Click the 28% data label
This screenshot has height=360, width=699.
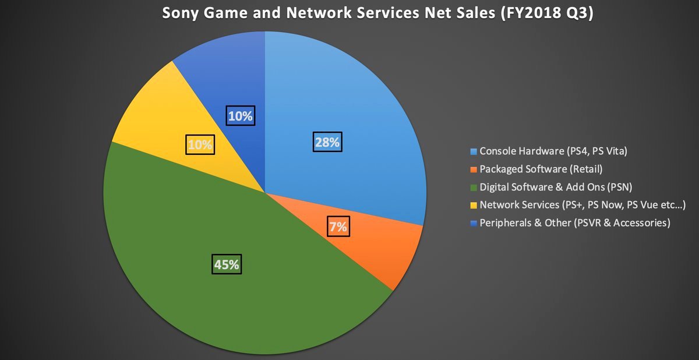[x=327, y=142]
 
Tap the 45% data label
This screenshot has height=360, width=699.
[x=226, y=264]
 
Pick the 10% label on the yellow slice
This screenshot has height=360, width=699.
[x=200, y=144]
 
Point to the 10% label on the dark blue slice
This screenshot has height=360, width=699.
[x=240, y=115]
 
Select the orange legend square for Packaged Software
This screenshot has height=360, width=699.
[x=474, y=170]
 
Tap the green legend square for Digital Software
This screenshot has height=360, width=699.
[x=474, y=187]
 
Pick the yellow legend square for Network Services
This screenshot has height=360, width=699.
[x=474, y=205]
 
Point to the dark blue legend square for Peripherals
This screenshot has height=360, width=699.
[x=474, y=223]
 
